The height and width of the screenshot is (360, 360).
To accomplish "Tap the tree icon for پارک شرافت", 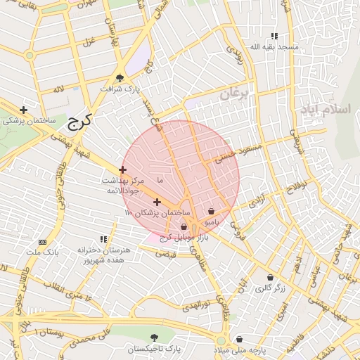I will click(120, 78).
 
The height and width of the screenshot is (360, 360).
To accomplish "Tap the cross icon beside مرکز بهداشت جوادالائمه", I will click(123, 169).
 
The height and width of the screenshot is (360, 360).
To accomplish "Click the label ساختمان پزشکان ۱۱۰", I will click(157, 212).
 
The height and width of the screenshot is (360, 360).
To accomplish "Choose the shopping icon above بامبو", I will click(212, 211).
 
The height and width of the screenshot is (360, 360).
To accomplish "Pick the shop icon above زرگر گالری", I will click(270, 278).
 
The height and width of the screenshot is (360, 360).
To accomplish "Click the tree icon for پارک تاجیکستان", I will click(154, 338).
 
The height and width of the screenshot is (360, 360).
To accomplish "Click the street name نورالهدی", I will click(196, 306).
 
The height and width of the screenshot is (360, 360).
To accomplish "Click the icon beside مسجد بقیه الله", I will click(274, 36).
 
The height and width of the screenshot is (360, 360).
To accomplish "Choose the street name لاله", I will click(58, 89).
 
